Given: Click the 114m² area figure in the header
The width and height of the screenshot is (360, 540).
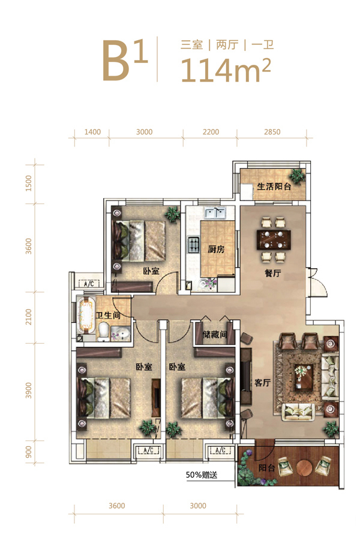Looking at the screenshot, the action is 226,70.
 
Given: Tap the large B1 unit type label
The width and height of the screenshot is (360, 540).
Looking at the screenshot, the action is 125,60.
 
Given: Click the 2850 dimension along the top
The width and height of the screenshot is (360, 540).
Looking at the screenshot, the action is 272,132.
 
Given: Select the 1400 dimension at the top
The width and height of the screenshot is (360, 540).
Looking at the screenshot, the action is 92,132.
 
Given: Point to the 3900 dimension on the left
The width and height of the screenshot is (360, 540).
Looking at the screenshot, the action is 29,390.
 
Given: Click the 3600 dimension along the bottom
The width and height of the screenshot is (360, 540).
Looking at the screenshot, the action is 117,506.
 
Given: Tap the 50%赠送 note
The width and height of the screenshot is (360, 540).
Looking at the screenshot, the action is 202,475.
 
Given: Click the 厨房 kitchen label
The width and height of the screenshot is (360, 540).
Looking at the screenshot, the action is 217,248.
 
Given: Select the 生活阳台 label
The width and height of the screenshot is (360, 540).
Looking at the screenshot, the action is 274,187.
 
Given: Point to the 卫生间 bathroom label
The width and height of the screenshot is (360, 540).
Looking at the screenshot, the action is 108,315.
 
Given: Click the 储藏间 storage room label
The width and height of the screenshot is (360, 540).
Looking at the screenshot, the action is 215,334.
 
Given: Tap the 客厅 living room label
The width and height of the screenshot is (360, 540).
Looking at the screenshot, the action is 263,382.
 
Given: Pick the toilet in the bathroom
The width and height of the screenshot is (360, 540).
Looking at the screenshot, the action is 104,331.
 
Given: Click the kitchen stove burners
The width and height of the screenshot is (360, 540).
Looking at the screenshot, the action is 194,245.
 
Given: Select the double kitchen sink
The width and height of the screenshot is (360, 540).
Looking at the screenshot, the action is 215,213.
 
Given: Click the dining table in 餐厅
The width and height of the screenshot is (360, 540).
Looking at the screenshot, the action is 274,239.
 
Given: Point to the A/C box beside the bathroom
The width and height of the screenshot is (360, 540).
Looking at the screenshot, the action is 89,284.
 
